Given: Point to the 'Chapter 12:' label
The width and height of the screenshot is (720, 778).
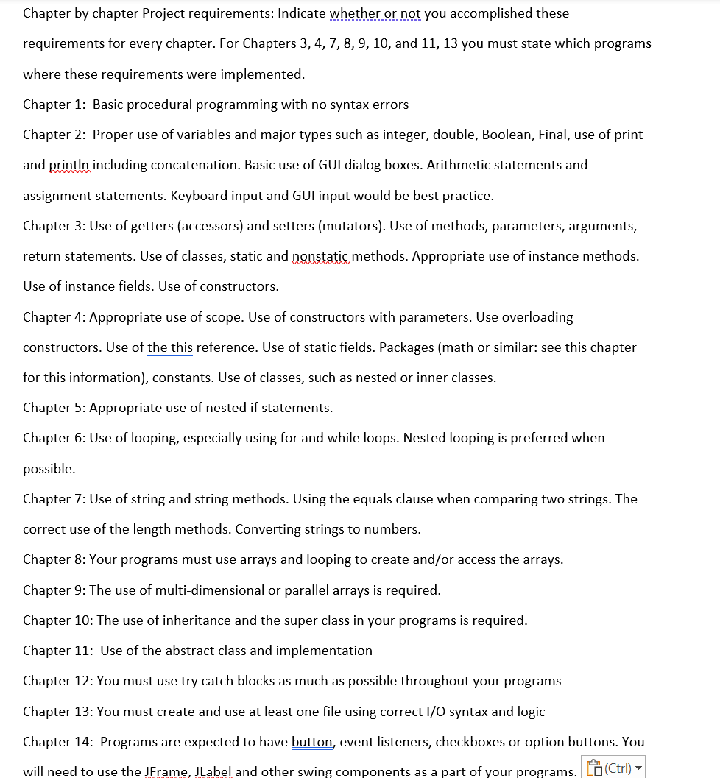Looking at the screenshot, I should click(57, 681).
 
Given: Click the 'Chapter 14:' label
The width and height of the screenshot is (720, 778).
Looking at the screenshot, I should click(57, 742).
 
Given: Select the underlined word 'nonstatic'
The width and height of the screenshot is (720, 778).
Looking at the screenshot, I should click(322, 256).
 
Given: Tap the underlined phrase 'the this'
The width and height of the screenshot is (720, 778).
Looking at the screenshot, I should click(170, 347).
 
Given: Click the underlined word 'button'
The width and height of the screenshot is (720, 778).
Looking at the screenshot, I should click(312, 742).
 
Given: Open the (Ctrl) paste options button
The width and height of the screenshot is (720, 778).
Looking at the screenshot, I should click(613, 767).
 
